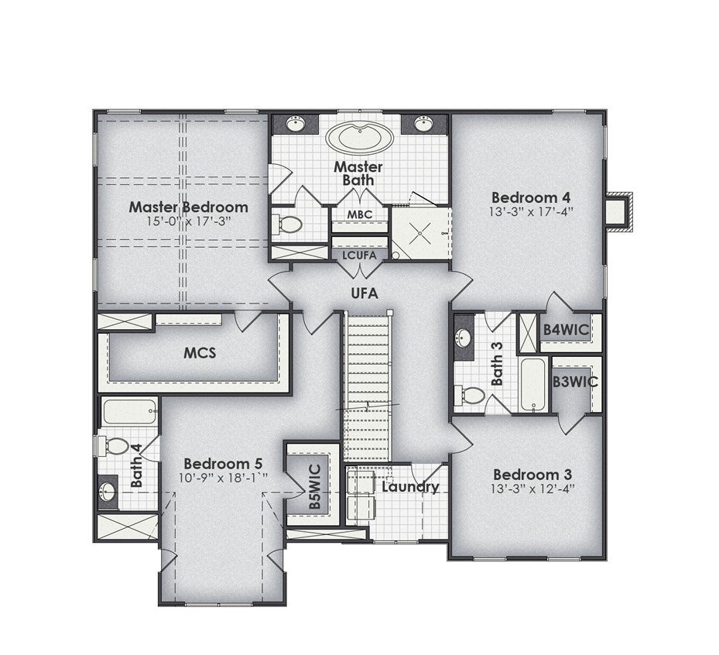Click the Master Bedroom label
[x=189, y=207]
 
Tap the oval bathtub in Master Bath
[x=359, y=137]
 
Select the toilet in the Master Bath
[x=287, y=225]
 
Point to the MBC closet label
[x=359, y=214]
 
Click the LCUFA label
[x=359, y=255]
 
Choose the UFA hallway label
[x=365, y=293]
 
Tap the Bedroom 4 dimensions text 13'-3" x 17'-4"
[x=532, y=212]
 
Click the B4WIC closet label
[x=566, y=329]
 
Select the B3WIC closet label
[x=575, y=382]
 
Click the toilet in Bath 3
[x=470, y=396]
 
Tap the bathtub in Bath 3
[x=533, y=385]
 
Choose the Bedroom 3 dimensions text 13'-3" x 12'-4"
[x=532, y=489]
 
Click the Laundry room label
[x=410, y=487]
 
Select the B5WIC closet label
[x=314, y=487]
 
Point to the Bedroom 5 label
[x=224, y=464]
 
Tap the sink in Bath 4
[x=108, y=492]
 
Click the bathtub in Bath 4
[x=130, y=412]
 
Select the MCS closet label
[x=200, y=353]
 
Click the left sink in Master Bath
[x=296, y=123]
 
